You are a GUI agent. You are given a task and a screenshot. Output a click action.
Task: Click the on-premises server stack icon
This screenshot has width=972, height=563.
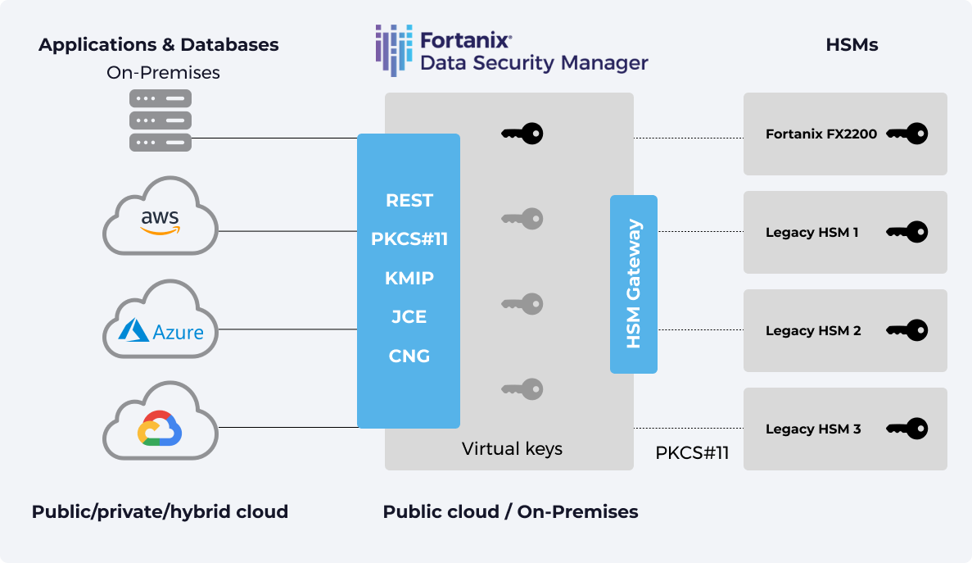coord(160,120)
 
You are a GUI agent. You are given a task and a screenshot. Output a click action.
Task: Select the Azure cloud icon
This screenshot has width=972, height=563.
coord(160,320)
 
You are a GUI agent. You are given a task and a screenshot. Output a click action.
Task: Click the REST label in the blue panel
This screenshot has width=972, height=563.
coord(409,201)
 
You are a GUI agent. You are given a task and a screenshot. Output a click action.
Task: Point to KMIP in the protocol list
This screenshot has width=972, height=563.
coord(409,279)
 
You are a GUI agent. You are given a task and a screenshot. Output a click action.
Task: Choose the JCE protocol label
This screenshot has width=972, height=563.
coord(409,317)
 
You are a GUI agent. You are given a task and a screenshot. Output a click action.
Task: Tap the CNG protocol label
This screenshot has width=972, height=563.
coord(409,356)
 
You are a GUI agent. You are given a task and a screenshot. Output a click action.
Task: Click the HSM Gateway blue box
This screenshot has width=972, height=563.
coord(634,284)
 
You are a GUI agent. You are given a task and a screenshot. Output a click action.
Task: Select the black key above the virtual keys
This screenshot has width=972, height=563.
coord(522,133)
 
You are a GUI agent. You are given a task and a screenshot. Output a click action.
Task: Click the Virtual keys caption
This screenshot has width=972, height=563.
coord(512,449)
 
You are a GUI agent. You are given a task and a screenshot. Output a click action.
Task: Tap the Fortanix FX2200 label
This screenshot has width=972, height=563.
coord(821,134)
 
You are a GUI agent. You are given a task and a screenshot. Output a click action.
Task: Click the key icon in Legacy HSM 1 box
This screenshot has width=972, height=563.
coord(907,232)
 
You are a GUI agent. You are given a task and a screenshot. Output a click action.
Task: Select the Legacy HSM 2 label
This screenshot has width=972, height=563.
coord(813,331)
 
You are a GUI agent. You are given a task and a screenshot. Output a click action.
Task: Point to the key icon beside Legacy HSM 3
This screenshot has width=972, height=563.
coord(907,429)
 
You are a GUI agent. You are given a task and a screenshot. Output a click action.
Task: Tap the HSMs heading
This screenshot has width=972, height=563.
coord(852,45)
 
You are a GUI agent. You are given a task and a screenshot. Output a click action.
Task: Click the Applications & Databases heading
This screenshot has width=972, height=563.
coord(159,45)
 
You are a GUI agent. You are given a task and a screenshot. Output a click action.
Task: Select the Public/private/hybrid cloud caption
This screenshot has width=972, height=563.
coord(160,512)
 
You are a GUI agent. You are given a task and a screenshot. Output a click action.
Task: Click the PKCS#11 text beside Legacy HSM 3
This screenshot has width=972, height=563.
coord(692,453)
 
